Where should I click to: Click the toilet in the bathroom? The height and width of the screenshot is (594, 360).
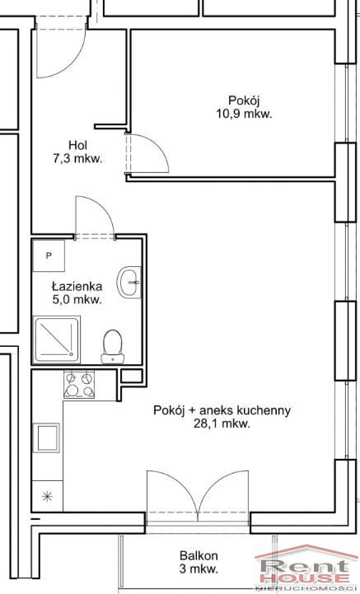coord(112,347)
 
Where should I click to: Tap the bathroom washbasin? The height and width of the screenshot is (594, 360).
coord(129,283)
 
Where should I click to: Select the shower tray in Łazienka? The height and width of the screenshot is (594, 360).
coord(57,339)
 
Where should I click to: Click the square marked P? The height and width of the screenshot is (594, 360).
coord(49,255)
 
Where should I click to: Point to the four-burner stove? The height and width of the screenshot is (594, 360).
coord(79,385)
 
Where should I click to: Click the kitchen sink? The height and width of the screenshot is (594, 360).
coord(48,437)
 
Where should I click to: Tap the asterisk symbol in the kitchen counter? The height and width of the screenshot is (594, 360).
coord(47,497)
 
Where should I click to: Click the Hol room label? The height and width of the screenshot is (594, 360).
coord(78,145)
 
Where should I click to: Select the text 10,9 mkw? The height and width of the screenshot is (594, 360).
coord(245,114)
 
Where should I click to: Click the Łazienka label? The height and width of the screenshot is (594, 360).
coord(77,287)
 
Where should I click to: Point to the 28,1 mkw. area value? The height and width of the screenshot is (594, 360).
coord(222,424)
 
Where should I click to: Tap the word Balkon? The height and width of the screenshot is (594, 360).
coord(199,556)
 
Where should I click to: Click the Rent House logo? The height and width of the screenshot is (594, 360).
coord(303,568)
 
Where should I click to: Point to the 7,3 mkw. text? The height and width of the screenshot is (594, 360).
coord(78,159)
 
